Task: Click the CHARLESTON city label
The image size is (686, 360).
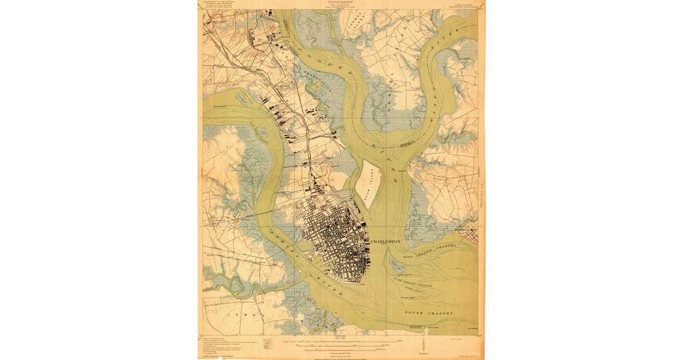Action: (386, 242)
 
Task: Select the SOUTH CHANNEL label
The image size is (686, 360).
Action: (429, 313)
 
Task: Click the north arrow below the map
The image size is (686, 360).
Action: (422, 346)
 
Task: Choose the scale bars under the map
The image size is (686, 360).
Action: (343, 346)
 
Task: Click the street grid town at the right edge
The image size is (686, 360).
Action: (472, 234)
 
